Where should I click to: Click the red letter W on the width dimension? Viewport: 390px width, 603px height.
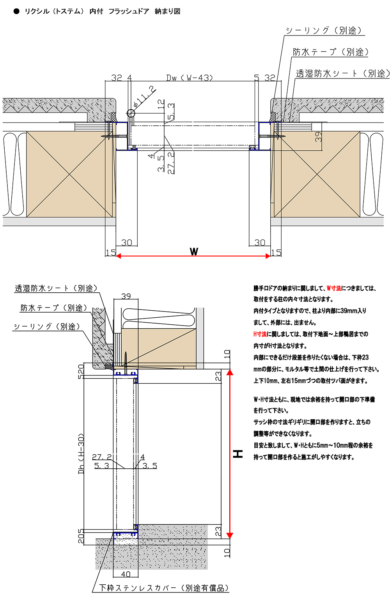(194, 252)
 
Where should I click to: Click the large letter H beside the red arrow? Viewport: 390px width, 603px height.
(238, 454)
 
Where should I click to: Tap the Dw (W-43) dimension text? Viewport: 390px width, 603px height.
(190, 78)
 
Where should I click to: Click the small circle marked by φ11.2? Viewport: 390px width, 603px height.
(131, 114)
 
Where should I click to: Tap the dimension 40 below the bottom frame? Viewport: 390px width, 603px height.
(126, 574)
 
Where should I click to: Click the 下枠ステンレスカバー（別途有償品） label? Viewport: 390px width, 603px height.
(164, 588)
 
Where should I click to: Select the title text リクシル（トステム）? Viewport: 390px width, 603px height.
(54, 11)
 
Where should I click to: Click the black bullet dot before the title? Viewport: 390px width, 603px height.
(16, 11)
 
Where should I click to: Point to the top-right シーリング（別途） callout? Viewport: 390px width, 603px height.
(324, 30)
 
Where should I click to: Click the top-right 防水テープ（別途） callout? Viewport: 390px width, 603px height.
(331, 52)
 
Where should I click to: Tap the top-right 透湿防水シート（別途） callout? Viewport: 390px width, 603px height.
(342, 73)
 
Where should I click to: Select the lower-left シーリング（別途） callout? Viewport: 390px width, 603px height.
(47, 327)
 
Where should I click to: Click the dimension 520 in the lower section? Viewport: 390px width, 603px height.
(81, 371)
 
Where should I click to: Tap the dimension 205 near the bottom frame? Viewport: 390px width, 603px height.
(81, 536)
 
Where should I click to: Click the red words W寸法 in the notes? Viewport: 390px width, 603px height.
(334, 288)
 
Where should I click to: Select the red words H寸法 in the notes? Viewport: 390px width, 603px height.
(260, 334)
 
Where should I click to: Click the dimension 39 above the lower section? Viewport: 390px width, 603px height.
(126, 296)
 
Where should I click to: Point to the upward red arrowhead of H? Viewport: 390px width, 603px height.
(230, 372)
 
